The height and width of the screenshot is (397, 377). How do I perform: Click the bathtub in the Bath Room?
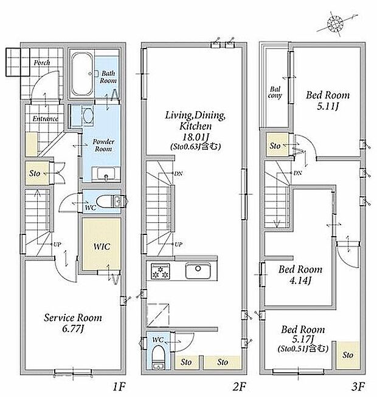pyautogui.click(x=82, y=75)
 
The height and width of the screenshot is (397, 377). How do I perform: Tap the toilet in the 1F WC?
pyautogui.click(x=110, y=202)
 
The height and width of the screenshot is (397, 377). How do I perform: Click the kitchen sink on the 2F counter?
pyautogui.click(x=198, y=271)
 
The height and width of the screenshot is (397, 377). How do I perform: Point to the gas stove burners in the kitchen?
pyautogui.click(x=161, y=271)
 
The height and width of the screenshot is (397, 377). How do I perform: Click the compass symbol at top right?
pyautogui.click(x=335, y=24)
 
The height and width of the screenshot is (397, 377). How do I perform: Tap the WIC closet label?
pyautogui.click(x=102, y=246)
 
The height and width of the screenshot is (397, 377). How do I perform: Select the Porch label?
pyautogui.click(x=42, y=63)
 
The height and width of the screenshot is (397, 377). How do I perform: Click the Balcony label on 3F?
pyautogui.click(x=275, y=92)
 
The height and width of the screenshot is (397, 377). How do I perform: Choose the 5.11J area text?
pyautogui.click(x=328, y=106)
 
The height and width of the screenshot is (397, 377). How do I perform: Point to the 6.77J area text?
pyautogui.click(x=73, y=329)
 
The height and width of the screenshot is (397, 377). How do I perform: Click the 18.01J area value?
pyautogui.click(x=196, y=137)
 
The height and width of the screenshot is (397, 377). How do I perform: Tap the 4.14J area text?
pyautogui.click(x=300, y=280)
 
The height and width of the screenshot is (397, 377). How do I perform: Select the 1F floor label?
pyautogui.click(x=119, y=386)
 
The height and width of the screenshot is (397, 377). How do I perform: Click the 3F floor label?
pyautogui.click(x=358, y=386)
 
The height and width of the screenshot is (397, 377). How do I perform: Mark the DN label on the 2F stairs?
pyautogui.click(x=178, y=174)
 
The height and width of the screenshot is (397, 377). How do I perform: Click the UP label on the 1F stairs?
pyautogui.click(x=57, y=244)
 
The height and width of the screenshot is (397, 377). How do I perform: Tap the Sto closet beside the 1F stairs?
pyautogui.click(x=36, y=173)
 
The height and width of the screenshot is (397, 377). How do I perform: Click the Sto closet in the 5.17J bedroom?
pyautogui.click(x=347, y=355)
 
